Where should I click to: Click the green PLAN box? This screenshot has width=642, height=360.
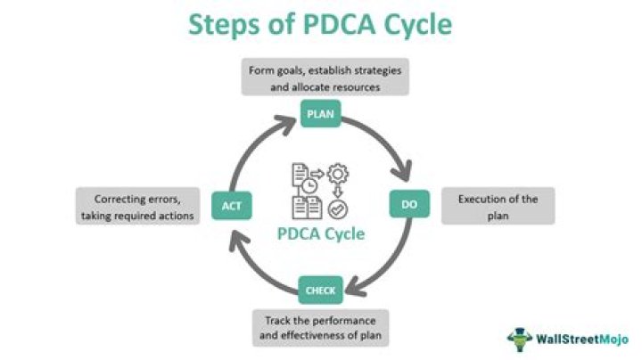tap(319, 114)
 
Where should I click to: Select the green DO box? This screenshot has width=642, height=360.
tap(408, 204)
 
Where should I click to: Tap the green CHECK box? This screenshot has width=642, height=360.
tap(319, 290)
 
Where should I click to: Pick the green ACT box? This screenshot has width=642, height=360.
tap(229, 206)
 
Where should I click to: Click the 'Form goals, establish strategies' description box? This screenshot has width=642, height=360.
tap(325, 77)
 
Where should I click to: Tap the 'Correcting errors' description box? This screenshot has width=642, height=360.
tap(136, 206)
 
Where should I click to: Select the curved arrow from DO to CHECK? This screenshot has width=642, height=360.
tap(383, 268)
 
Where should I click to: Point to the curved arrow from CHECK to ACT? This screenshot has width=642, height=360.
tap(254, 267)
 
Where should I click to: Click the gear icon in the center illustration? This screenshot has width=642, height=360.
tap(337, 176)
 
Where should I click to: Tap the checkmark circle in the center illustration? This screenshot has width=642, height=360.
tap(337, 210)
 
